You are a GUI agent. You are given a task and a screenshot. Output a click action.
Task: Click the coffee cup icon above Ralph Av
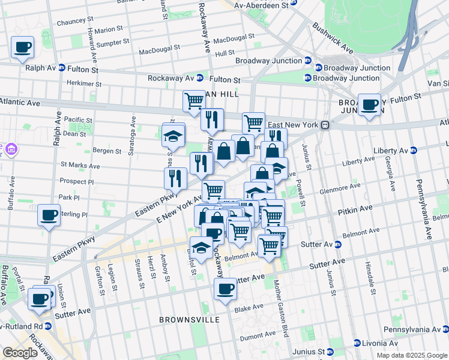(22, 47)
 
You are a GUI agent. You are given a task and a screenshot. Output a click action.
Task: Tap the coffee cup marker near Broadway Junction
(369, 105)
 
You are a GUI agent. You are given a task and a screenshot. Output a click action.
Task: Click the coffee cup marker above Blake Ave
(225, 289)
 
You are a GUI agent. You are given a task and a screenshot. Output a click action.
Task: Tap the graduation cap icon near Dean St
(173, 136)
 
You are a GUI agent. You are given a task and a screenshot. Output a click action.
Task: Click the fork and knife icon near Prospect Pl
(175, 178)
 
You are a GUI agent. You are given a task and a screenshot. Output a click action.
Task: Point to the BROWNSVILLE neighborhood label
(183, 320)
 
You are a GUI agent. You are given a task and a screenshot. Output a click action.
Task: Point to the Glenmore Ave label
(340, 186)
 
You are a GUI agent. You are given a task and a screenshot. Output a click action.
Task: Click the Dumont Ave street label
(258, 338)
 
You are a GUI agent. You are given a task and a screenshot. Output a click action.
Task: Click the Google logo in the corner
(20, 353)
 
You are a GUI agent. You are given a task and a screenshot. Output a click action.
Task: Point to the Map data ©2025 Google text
(411, 355)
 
